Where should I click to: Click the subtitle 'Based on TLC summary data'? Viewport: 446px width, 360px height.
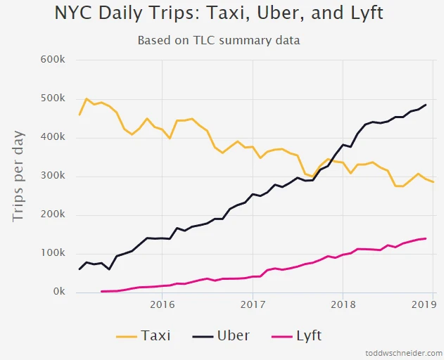coord(219,40)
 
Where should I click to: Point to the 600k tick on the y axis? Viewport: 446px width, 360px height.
coord(51,60)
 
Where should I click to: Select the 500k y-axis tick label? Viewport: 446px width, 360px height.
coord(51,98)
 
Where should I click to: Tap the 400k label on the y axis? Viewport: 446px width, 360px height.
coord(51,137)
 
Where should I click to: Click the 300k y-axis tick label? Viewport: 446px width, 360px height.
coord(51,176)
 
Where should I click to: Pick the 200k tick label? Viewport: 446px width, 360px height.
coord(51,215)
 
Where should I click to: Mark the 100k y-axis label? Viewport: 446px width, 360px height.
coord(51,253)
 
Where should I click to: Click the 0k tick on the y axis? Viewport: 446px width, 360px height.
coord(57,292)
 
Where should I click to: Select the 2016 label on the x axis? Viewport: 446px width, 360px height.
coord(163,305)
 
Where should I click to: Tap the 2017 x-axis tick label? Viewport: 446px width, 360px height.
coord(253,305)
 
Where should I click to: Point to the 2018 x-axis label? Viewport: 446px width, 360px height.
coord(343,305)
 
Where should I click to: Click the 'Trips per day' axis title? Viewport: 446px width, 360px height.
coord(19,176)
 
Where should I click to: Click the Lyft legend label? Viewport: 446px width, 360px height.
coord(308,335)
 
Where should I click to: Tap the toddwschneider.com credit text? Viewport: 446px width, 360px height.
coord(404,353)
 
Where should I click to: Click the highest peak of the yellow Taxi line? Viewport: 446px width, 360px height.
coord(87,99)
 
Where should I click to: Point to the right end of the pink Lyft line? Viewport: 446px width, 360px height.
coord(426,238)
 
